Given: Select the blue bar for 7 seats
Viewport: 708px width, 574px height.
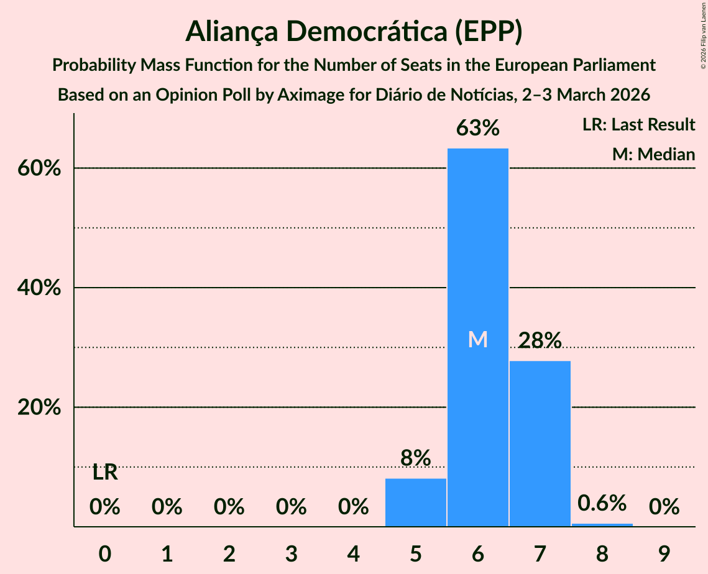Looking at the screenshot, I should click(x=540, y=444).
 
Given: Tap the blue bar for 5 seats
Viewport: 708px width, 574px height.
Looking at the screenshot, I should click(x=415, y=503).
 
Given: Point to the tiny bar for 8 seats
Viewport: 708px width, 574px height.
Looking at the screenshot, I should click(x=602, y=525).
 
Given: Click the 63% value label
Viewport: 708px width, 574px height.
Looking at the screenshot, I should click(x=477, y=129).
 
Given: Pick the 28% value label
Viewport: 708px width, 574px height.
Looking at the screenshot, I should click(x=540, y=340).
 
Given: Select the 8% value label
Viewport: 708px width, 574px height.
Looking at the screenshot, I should click(x=415, y=458).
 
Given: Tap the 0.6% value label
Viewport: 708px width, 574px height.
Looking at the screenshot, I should click(x=602, y=503).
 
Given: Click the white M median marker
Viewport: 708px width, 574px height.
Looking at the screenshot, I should click(x=477, y=339).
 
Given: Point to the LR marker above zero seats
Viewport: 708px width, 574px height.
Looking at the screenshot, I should click(x=105, y=473).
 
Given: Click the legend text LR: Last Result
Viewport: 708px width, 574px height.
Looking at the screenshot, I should click(x=638, y=125).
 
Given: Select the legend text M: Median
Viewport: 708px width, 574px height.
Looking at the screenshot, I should click(x=653, y=154).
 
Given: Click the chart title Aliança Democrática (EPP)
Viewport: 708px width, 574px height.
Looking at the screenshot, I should click(x=354, y=32).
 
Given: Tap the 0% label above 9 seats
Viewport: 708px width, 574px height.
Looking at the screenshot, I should click(x=664, y=508).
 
